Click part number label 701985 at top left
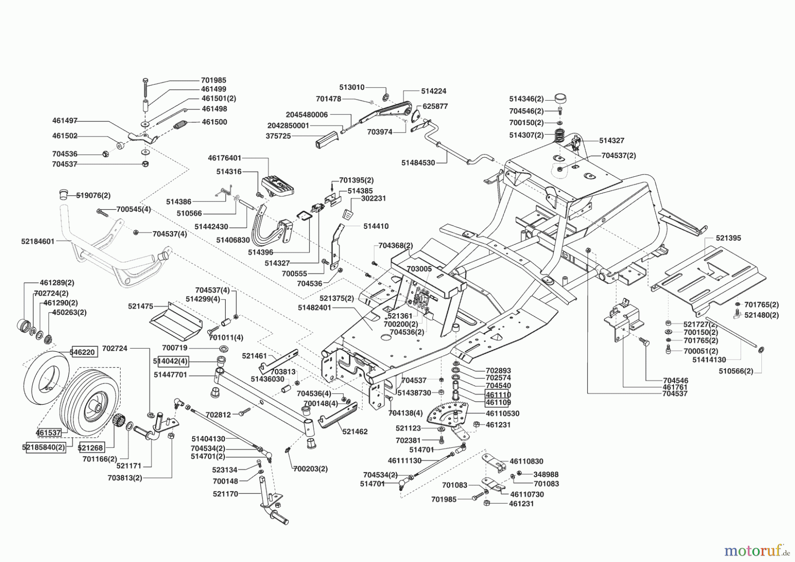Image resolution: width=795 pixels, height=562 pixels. [x=213, y=80]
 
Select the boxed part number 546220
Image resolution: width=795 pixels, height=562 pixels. [x=83, y=352]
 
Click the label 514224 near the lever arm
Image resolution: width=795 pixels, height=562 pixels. [x=433, y=91]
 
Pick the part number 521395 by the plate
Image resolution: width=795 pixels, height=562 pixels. [x=728, y=238]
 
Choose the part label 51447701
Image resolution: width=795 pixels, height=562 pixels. [x=170, y=375]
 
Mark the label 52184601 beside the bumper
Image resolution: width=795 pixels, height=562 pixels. [x=38, y=241]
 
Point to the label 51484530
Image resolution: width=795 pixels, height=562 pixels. [x=418, y=163]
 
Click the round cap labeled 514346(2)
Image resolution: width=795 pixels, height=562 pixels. [x=560, y=98]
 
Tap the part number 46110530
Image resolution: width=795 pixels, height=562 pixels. [x=503, y=414]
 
